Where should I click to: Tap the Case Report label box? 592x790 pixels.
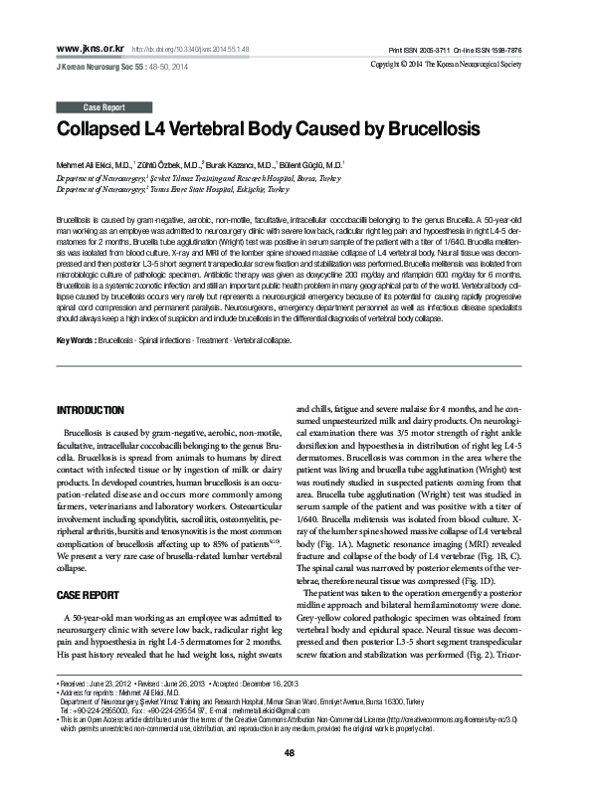coord(104,106)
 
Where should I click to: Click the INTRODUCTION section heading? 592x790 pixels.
coord(91,410)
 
